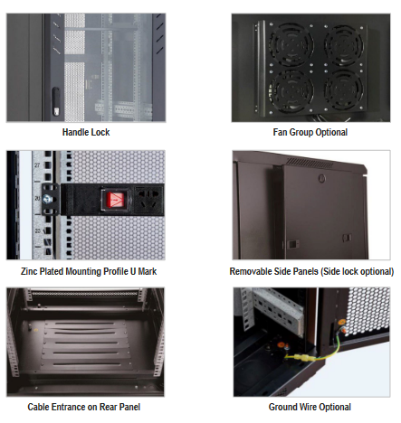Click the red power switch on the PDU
coord(116,200)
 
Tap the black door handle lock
coord(56,101)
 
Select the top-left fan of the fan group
coord(291,45)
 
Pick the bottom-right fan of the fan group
coord(344,89)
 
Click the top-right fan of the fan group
coord(344,45)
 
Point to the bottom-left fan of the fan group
coord(291,91)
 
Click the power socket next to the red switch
coord(148,200)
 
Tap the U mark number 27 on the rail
coord(37,165)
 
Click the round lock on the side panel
coord(322,178)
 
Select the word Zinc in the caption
coord(29,271)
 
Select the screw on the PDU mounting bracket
coord(47,199)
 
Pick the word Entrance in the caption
coord(69,407)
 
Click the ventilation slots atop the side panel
coord(310,163)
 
